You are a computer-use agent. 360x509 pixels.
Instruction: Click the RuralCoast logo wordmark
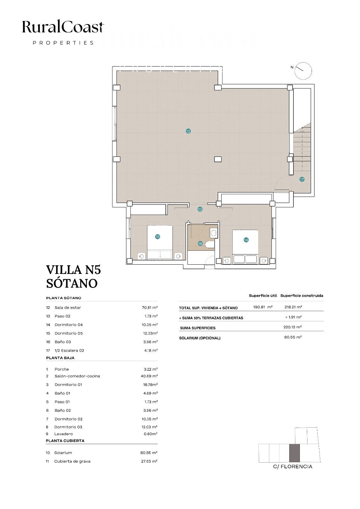[63, 27]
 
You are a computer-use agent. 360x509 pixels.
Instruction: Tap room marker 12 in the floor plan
[188, 131]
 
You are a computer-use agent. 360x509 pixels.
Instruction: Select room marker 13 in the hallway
[200, 209]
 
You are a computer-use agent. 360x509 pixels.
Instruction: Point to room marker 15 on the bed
[157, 237]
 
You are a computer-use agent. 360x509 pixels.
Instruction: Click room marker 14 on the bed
[246, 240]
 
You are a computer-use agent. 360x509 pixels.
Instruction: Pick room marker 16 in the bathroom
[200, 244]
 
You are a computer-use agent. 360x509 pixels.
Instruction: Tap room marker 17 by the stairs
[302, 179]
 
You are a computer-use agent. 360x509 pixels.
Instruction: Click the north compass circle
[303, 71]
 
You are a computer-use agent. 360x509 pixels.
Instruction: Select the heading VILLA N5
[74, 270]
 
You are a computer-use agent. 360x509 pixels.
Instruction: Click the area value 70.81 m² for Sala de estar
[150, 307]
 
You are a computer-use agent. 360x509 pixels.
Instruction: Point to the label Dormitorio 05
[69, 333]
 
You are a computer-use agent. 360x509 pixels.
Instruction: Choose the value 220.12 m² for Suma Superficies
[293, 327]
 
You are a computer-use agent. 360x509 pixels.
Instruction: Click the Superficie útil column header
[263, 296]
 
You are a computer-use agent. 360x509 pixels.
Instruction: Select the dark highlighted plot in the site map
[294, 453]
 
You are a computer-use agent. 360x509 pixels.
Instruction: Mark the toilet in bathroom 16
[210, 245]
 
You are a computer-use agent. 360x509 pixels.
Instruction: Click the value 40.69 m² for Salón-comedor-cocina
[149, 376]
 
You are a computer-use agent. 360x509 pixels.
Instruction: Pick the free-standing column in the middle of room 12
[218, 159]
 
